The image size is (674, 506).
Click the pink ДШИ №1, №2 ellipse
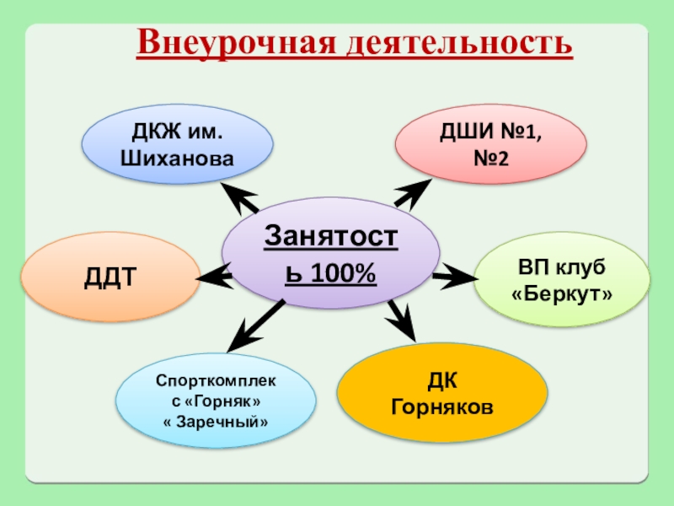(x=491, y=144)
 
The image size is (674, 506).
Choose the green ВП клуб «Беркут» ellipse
(x=562, y=281)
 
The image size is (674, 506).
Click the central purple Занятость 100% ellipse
(x=331, y=251)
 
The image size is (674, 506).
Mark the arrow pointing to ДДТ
(x=214, y=273)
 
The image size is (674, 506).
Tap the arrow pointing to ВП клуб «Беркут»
(x=456, y=275)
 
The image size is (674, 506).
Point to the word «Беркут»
(x=562, y=294)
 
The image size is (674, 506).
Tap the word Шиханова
(x=177, y=158)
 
